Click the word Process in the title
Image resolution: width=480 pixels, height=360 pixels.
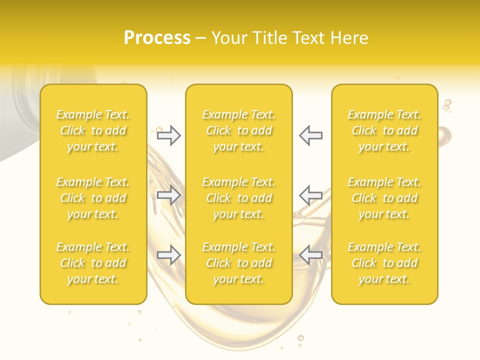[x=157, y=38]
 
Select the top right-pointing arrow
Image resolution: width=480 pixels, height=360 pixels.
[x=168, y=135]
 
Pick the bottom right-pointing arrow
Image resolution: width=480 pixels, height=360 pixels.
[x=168, y=255]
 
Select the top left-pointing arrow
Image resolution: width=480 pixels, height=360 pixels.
[x=310, y=135]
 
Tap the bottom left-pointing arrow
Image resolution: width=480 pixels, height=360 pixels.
[x=310, y=255]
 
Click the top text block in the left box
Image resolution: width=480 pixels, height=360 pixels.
[x=93, y=130]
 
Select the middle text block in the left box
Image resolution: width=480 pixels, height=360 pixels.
[x=93, y=198]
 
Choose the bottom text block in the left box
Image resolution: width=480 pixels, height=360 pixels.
[x=93, y=263]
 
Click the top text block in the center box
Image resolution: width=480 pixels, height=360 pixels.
[x=238, y=130]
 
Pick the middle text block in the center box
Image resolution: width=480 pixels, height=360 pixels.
[x=238, y=198]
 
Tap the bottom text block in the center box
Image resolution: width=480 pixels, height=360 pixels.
[x=238, y=263]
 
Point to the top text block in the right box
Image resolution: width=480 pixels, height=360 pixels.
[x=384, y=130]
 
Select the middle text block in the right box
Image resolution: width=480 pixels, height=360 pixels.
[x=384, y=198]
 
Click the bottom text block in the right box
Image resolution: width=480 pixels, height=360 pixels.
[x=384, y=263]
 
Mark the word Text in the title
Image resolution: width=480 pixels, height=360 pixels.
[x=309, y=38]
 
